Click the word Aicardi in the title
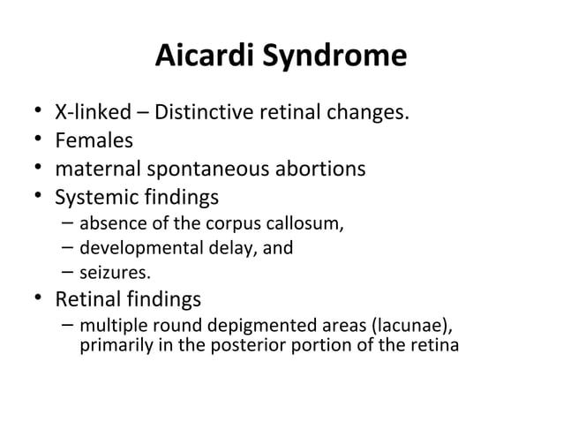(x=202, y=57)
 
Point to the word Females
(x=94, y=140)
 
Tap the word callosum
(x=304, y=222)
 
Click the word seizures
(x=109, y=273)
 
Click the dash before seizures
(x=68, y=272)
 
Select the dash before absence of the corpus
(x=68, y=222)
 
